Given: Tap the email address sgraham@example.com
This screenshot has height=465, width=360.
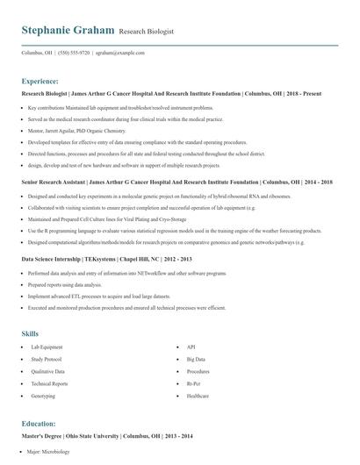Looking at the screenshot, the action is click(x=119, y=53).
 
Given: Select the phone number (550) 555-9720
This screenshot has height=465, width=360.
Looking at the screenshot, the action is click(x=72, y=53).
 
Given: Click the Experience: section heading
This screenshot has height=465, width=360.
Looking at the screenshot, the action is click(x=47, y=81).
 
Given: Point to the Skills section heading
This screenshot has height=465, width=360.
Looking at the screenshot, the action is click(x=30, y=334).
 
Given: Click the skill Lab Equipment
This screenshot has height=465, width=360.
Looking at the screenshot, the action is click(x=47, y=348).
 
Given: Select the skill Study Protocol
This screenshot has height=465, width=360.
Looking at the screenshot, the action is click(x=47, y=360).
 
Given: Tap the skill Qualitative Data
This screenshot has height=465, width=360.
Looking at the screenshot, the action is click(x=48, y=372).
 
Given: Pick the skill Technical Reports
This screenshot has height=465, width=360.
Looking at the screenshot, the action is click(x=49, y=384).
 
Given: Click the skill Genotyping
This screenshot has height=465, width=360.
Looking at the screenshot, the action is click(x=43, y=396).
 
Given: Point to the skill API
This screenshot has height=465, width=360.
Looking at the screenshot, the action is click(x=191, y=348).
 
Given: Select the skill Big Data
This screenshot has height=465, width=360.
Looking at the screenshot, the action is click(x=196, y=360).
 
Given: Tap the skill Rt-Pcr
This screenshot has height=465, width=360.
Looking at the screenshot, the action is click(x=194, y=384).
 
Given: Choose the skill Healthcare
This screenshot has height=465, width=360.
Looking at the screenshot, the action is click(x=198, y=396).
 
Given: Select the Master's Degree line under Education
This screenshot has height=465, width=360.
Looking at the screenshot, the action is click(x=106, y=435).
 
